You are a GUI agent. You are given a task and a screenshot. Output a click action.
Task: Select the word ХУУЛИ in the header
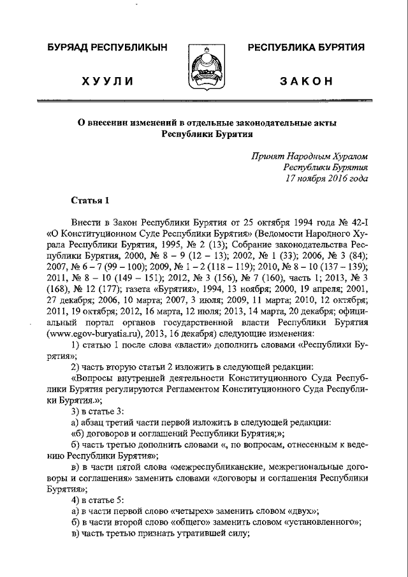[x=107, y=81]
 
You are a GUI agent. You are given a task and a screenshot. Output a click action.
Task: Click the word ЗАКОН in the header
[x=306, y=81]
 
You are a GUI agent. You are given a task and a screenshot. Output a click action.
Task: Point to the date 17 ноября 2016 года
[x=327, y=179]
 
